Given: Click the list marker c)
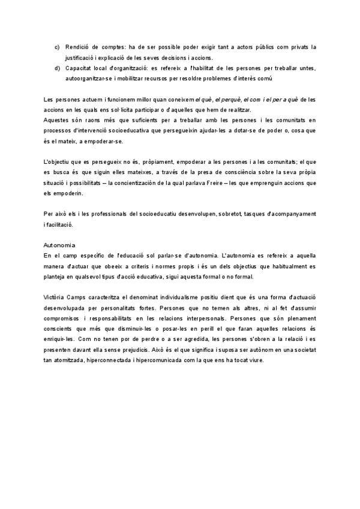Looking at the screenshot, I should (x=56, y=46).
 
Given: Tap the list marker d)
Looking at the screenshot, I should (x=56, y=68).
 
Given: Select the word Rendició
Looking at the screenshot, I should (x=77, y=46).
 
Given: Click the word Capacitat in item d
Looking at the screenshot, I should (x=79, y=68).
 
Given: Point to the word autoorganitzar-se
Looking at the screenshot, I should (x=90, y=78).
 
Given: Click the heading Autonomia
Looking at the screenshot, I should (x=59, y=245).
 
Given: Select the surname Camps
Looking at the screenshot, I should (x=84, y=298).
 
